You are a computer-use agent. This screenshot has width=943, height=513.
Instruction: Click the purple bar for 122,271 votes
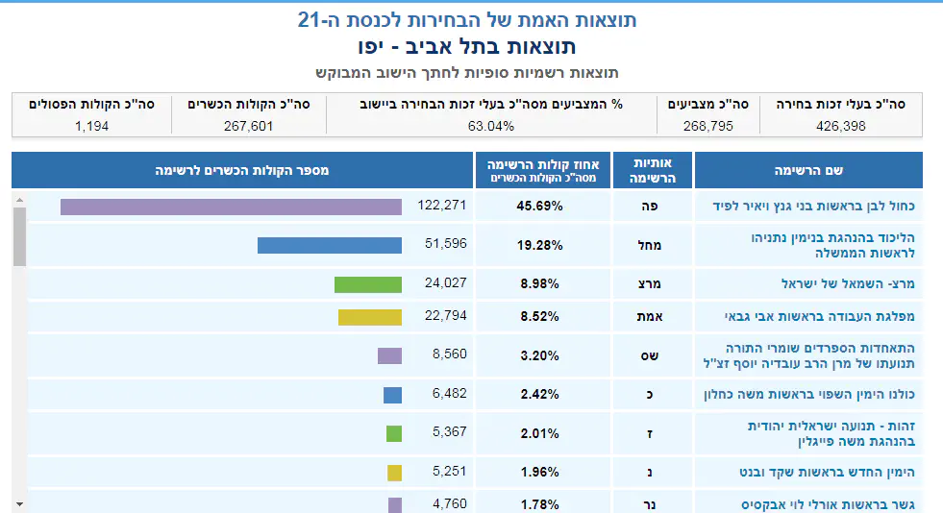click(x=231, y=207)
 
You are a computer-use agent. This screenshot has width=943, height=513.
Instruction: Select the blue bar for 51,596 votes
click(x=329, y=245)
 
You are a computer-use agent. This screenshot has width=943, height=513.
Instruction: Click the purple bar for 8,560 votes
click(x=389, y=355)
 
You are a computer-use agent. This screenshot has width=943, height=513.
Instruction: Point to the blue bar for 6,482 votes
click(x=392, y=395)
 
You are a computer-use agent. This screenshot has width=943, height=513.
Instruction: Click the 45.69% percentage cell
click(x=539, y=207)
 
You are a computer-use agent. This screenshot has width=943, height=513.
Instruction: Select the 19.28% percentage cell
click(x=539, y=245)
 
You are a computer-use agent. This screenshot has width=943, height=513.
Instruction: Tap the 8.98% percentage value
click(x=539, y=284)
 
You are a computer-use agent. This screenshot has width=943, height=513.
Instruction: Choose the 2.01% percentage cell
click(x=539, y=433)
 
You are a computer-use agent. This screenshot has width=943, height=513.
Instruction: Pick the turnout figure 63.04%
click(x=491, y=125)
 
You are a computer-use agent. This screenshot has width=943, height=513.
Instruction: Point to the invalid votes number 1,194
click(x=91, y=125)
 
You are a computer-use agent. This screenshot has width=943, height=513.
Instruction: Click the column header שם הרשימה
click(x=808, y=170)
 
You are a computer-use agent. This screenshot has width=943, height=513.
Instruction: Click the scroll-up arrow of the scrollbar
click(x=19, y=200)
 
